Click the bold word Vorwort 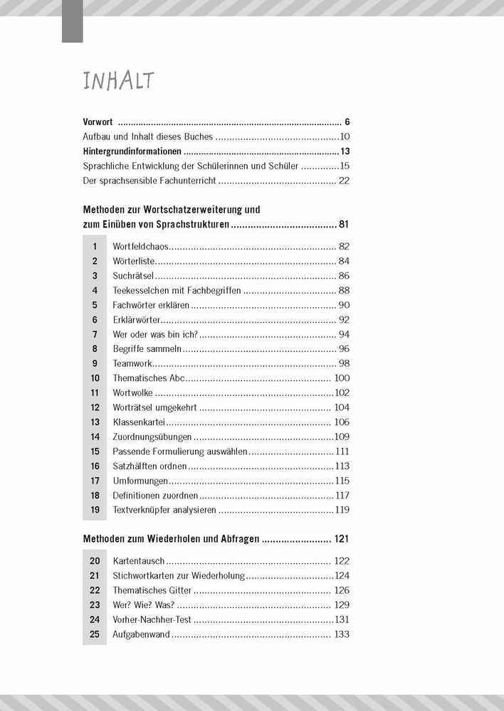click(98, 122)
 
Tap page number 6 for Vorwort click(346, 122)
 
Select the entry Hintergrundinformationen click(132, 151)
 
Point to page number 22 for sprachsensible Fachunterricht click(344, 181)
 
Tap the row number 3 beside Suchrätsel click(94, 276)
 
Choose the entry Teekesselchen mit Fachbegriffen click(177, 291)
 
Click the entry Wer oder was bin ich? click(155, 335)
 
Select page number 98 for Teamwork click(344, 363)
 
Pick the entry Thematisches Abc click(149, 378)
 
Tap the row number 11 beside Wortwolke click(94, 393)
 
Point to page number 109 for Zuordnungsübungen click(342, 437)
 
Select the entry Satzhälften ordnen click(149, 466)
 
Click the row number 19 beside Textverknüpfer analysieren click(94, 510)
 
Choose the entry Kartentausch click(138, 561)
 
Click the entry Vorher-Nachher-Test click(152, 620)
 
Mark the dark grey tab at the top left click(72, 21)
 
